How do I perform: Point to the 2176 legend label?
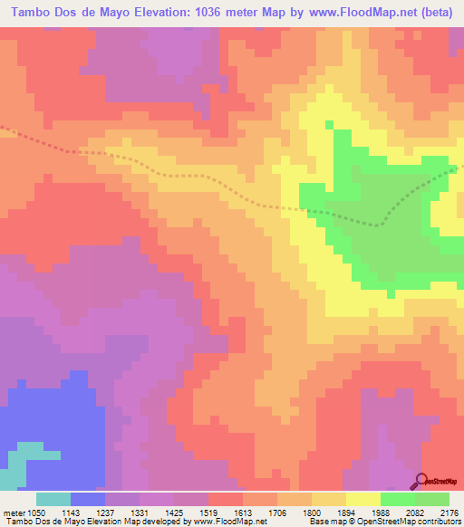pos(448,512)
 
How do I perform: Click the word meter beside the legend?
pos(13,512)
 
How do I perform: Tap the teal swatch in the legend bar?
pos(53,499)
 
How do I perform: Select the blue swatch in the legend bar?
pos(88,499)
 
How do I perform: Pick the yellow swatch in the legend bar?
pos(363,499)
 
